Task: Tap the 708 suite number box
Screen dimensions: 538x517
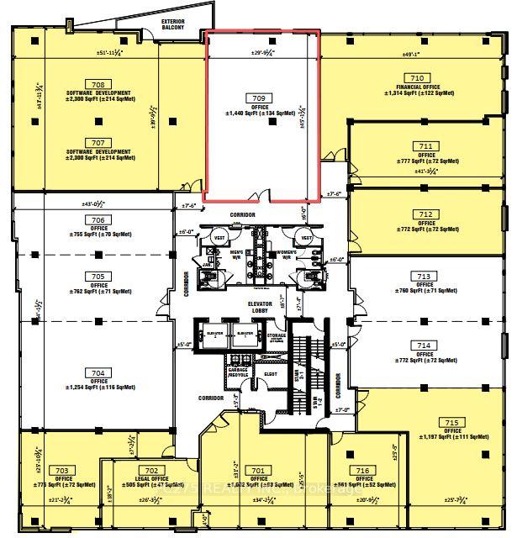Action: [x=100, y=84]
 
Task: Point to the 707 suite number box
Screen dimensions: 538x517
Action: [x=98, y=143]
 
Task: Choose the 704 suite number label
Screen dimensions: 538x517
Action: [x=98, y=372]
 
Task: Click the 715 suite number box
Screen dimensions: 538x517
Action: [x=451, y=422]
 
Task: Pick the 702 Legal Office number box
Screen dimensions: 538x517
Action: [x=151, y=470]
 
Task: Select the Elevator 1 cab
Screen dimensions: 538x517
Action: [x=244, y=335]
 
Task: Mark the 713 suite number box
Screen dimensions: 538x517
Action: [x=424, y=276]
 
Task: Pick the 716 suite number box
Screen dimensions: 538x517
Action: [x=362, y=470]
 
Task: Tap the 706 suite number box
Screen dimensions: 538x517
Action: [x=98, y=220]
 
